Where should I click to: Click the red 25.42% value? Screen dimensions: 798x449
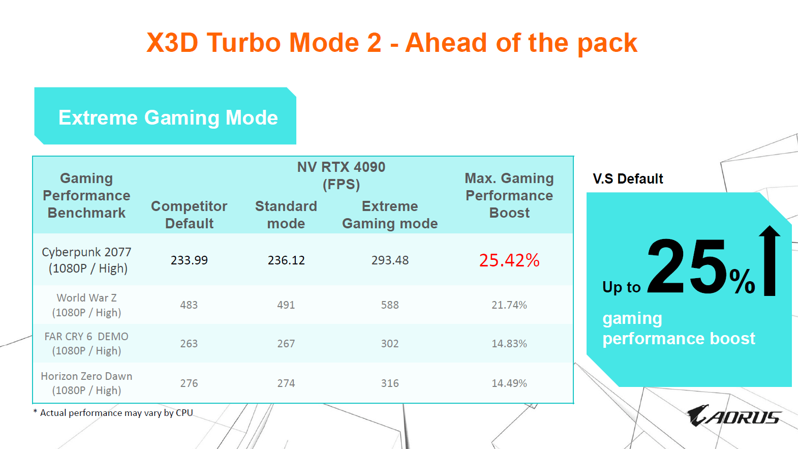(509, 260)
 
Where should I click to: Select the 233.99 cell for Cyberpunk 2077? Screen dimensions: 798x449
(189, 260)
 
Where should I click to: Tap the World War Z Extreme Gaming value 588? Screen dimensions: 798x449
(390, 305)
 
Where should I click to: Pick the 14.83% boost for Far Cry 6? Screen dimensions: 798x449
(509, 344)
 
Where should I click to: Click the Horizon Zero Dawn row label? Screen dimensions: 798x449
(86, 383)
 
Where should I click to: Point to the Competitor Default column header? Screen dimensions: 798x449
(189, 215)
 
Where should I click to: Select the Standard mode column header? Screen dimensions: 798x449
(286, 215)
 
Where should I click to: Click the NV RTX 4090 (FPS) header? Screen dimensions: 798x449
(341, 175)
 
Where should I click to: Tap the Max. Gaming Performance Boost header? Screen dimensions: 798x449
(509, 195)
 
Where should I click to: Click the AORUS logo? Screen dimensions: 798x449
(734, 415)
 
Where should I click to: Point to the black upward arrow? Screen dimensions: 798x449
(770, 261)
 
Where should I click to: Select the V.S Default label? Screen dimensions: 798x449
(628, 178)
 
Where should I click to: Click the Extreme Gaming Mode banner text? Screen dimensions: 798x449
(168, 117)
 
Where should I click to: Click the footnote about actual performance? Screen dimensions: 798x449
(113, 413)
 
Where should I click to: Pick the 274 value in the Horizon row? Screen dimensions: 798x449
(286, 383)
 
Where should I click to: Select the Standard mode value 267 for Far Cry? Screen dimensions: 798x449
(286, 344)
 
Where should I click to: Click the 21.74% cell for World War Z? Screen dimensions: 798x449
(509, 305)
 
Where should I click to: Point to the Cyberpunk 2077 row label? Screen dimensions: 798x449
(86, 260)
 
